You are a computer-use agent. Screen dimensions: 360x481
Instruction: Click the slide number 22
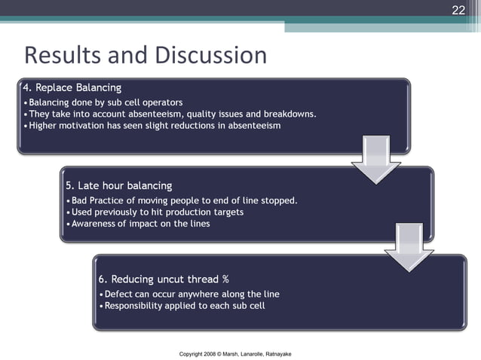[458, 10]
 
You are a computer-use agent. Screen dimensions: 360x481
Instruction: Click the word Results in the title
[63, 55]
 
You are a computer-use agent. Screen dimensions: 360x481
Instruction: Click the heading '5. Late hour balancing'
[119, 185]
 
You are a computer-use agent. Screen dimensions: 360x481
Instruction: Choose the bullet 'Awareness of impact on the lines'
[140, 223]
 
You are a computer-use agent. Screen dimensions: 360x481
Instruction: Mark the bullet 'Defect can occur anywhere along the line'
[192, 294]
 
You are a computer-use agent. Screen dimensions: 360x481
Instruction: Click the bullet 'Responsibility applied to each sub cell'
[185, 305]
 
